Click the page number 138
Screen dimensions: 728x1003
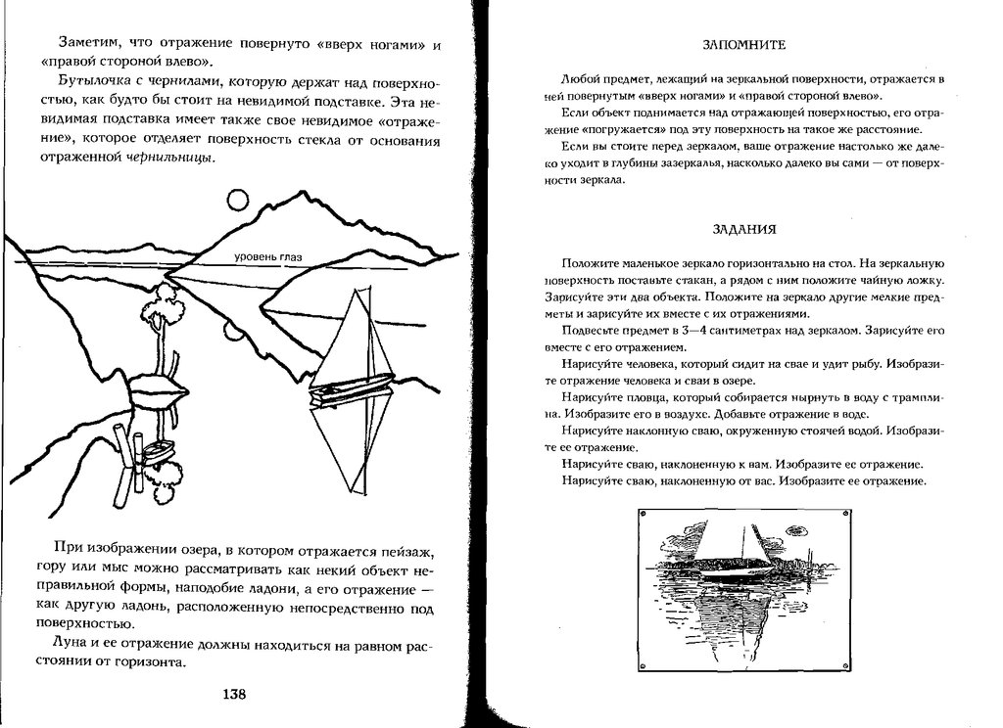coord(233,695)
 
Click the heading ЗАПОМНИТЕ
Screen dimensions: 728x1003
coord(744,46)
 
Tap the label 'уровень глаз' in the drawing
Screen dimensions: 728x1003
coord(267,257)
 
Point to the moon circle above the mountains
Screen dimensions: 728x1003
coord(238,201)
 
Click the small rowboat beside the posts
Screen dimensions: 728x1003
coord(158,449)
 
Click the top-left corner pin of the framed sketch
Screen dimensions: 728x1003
coord(642,512)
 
